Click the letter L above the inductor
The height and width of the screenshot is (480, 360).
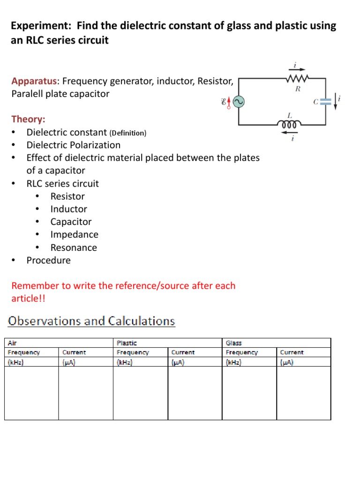click(x=289, y=115)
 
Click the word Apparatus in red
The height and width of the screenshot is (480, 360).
click(x=35, y=81)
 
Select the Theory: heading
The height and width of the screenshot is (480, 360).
click(x=28, y=120)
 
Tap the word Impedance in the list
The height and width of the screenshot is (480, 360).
click(x=75, y=234)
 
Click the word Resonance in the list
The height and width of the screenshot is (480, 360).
click(x=74, y=247)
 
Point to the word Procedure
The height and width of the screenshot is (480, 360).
click(x=48, y=260)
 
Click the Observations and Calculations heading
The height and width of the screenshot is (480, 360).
click(x=92, y=321)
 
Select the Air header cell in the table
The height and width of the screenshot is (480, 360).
click(x=13, y=343)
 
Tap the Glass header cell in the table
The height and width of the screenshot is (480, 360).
click(x=234, y=343)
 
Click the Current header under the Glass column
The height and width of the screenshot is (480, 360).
click(x=292, y=352)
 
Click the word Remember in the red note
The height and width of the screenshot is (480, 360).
click(x=34, y=285)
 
